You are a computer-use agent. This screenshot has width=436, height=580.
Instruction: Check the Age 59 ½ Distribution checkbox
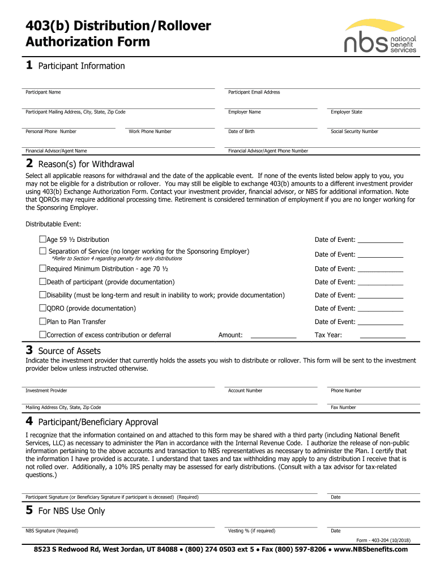[x=42, y=240]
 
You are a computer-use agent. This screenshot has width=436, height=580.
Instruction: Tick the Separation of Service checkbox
[x=42, y=251]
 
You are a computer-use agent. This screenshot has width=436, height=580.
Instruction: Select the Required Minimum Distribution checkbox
[x=42, y=268]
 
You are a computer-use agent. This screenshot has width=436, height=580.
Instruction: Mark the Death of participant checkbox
[x=42, y=282]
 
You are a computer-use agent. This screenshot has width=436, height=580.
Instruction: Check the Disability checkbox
[x=42, y=295]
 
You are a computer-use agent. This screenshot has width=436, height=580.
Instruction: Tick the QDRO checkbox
[x=42, y=308]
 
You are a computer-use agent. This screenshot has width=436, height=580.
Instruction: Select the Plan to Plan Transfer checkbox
[x=42, y=322]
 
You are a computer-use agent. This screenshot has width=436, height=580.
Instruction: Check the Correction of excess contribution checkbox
[x=42, y=335]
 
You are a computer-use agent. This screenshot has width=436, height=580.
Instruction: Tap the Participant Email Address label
[x=254, y=92]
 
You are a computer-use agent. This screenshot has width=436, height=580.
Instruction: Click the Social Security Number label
[x=354, y=131]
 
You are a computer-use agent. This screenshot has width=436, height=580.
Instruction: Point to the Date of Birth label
[x=241, y=131]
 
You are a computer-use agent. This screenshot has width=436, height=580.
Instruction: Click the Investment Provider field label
[x=46, y=391]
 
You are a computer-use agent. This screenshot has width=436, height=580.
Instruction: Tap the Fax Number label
[x=343, y=408]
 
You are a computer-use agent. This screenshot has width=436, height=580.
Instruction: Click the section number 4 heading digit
[x=29, y=422]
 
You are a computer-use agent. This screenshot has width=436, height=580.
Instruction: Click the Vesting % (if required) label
[x=251, y=531]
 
